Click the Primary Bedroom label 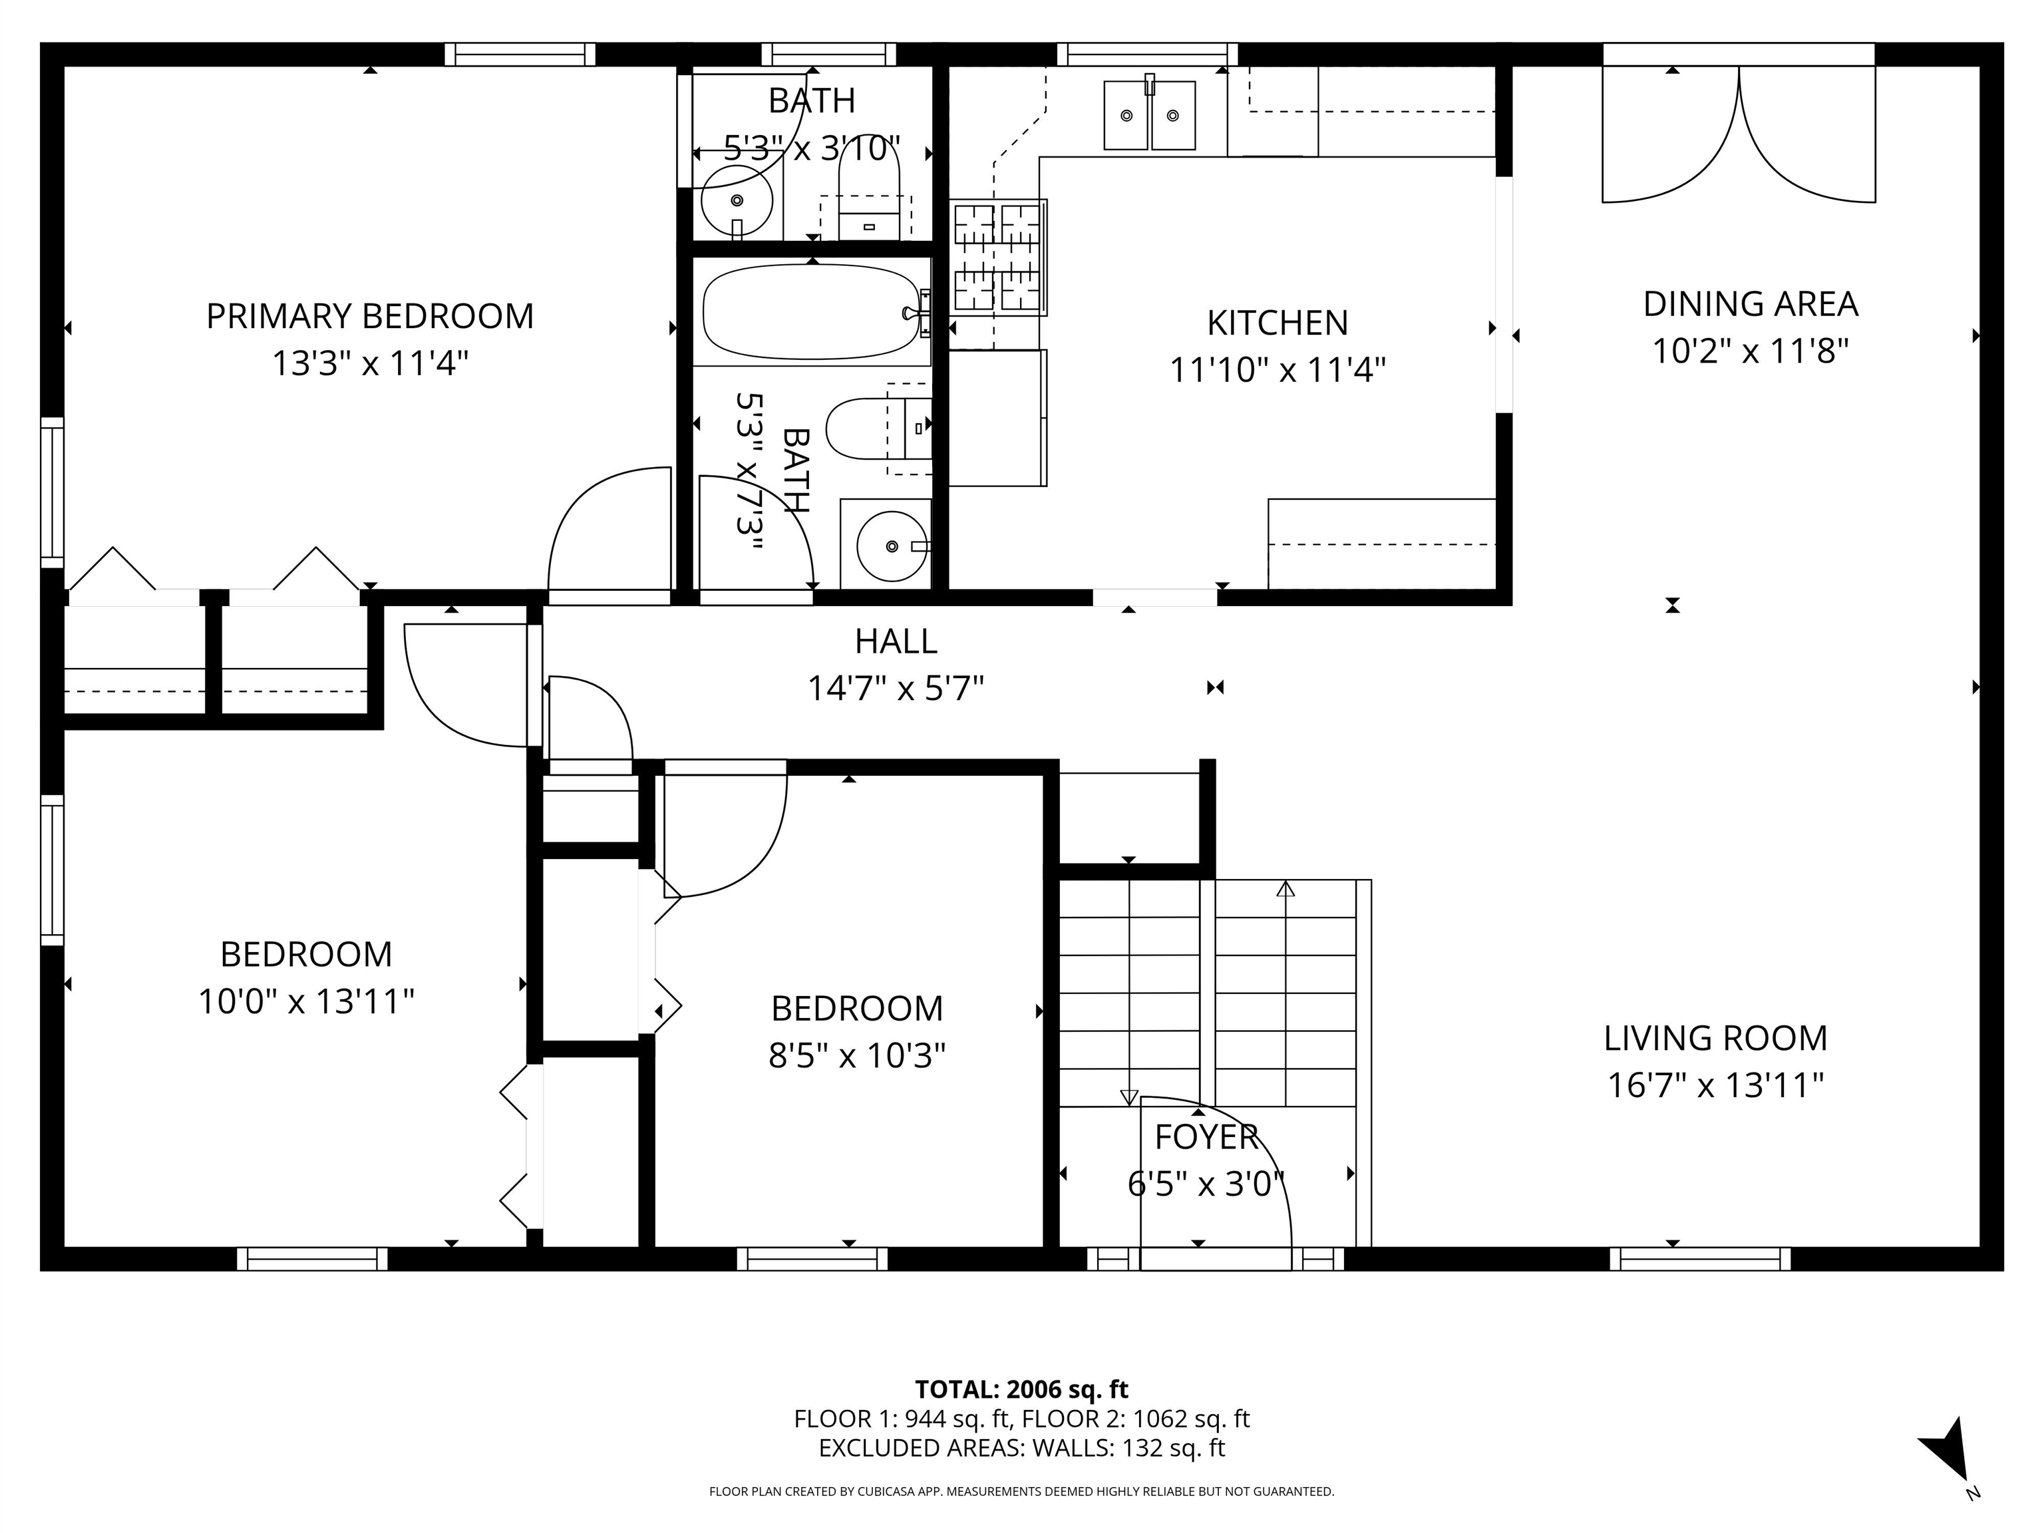click(370, 316)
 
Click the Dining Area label click(1749, 304)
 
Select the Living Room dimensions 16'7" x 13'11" click(1715, 1085)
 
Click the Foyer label click(1206, 1136)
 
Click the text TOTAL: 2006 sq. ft click(1021, 1389)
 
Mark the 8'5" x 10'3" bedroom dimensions click(856, 1055)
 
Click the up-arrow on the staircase click(1285, 889)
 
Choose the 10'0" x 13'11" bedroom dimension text click(306, 1001)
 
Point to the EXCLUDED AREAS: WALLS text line click(1021, 1448)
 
